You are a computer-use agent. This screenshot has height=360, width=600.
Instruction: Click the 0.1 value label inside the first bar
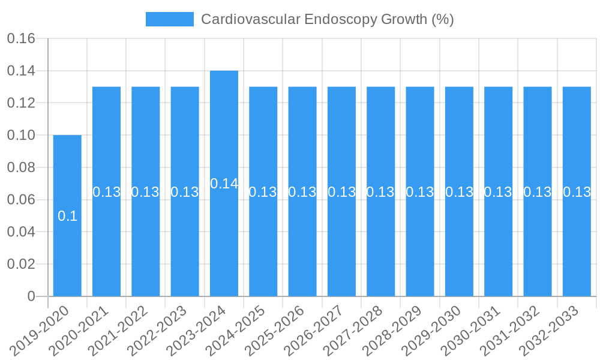pyautogui.click(x=67, y=216)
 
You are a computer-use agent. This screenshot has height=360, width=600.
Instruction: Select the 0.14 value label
pyautogui.click(x=224, y=184)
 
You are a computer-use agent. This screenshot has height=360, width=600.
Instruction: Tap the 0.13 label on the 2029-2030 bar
pyautogui.click(x=459, y=192)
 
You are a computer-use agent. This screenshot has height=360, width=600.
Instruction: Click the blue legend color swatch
pyautogui.click(x=169, y=19)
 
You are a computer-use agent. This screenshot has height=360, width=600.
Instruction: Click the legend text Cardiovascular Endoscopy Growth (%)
pyautogui.click(x=327, y=19)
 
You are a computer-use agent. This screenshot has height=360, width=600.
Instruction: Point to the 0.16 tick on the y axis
pyautogui.click(x=21, y=39)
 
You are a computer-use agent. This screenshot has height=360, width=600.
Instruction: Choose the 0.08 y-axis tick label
pyautogui.click(x=21, y=167)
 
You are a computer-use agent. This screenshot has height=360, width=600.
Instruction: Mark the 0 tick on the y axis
pyautogui.click(x=31, y=296)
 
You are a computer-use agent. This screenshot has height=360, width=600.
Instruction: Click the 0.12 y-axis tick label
pyautogui.click(x=21, y=103)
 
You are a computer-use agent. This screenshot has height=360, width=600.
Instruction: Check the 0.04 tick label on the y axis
pyautogui.click(x=21, y=232)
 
